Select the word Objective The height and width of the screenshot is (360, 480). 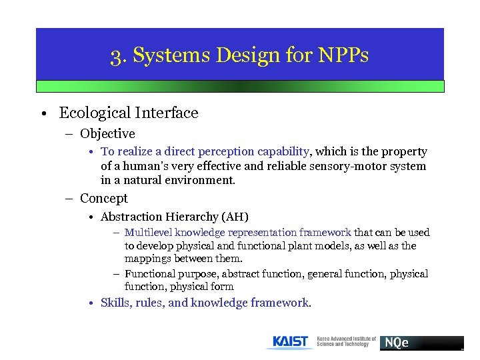click(107, 134)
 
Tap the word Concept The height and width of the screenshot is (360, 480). click(104, 199)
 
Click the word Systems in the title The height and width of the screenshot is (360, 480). click(164, 55)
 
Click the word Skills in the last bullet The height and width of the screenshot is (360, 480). click(114, 303)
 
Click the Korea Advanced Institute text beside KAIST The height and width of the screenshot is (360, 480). click(346, 342)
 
